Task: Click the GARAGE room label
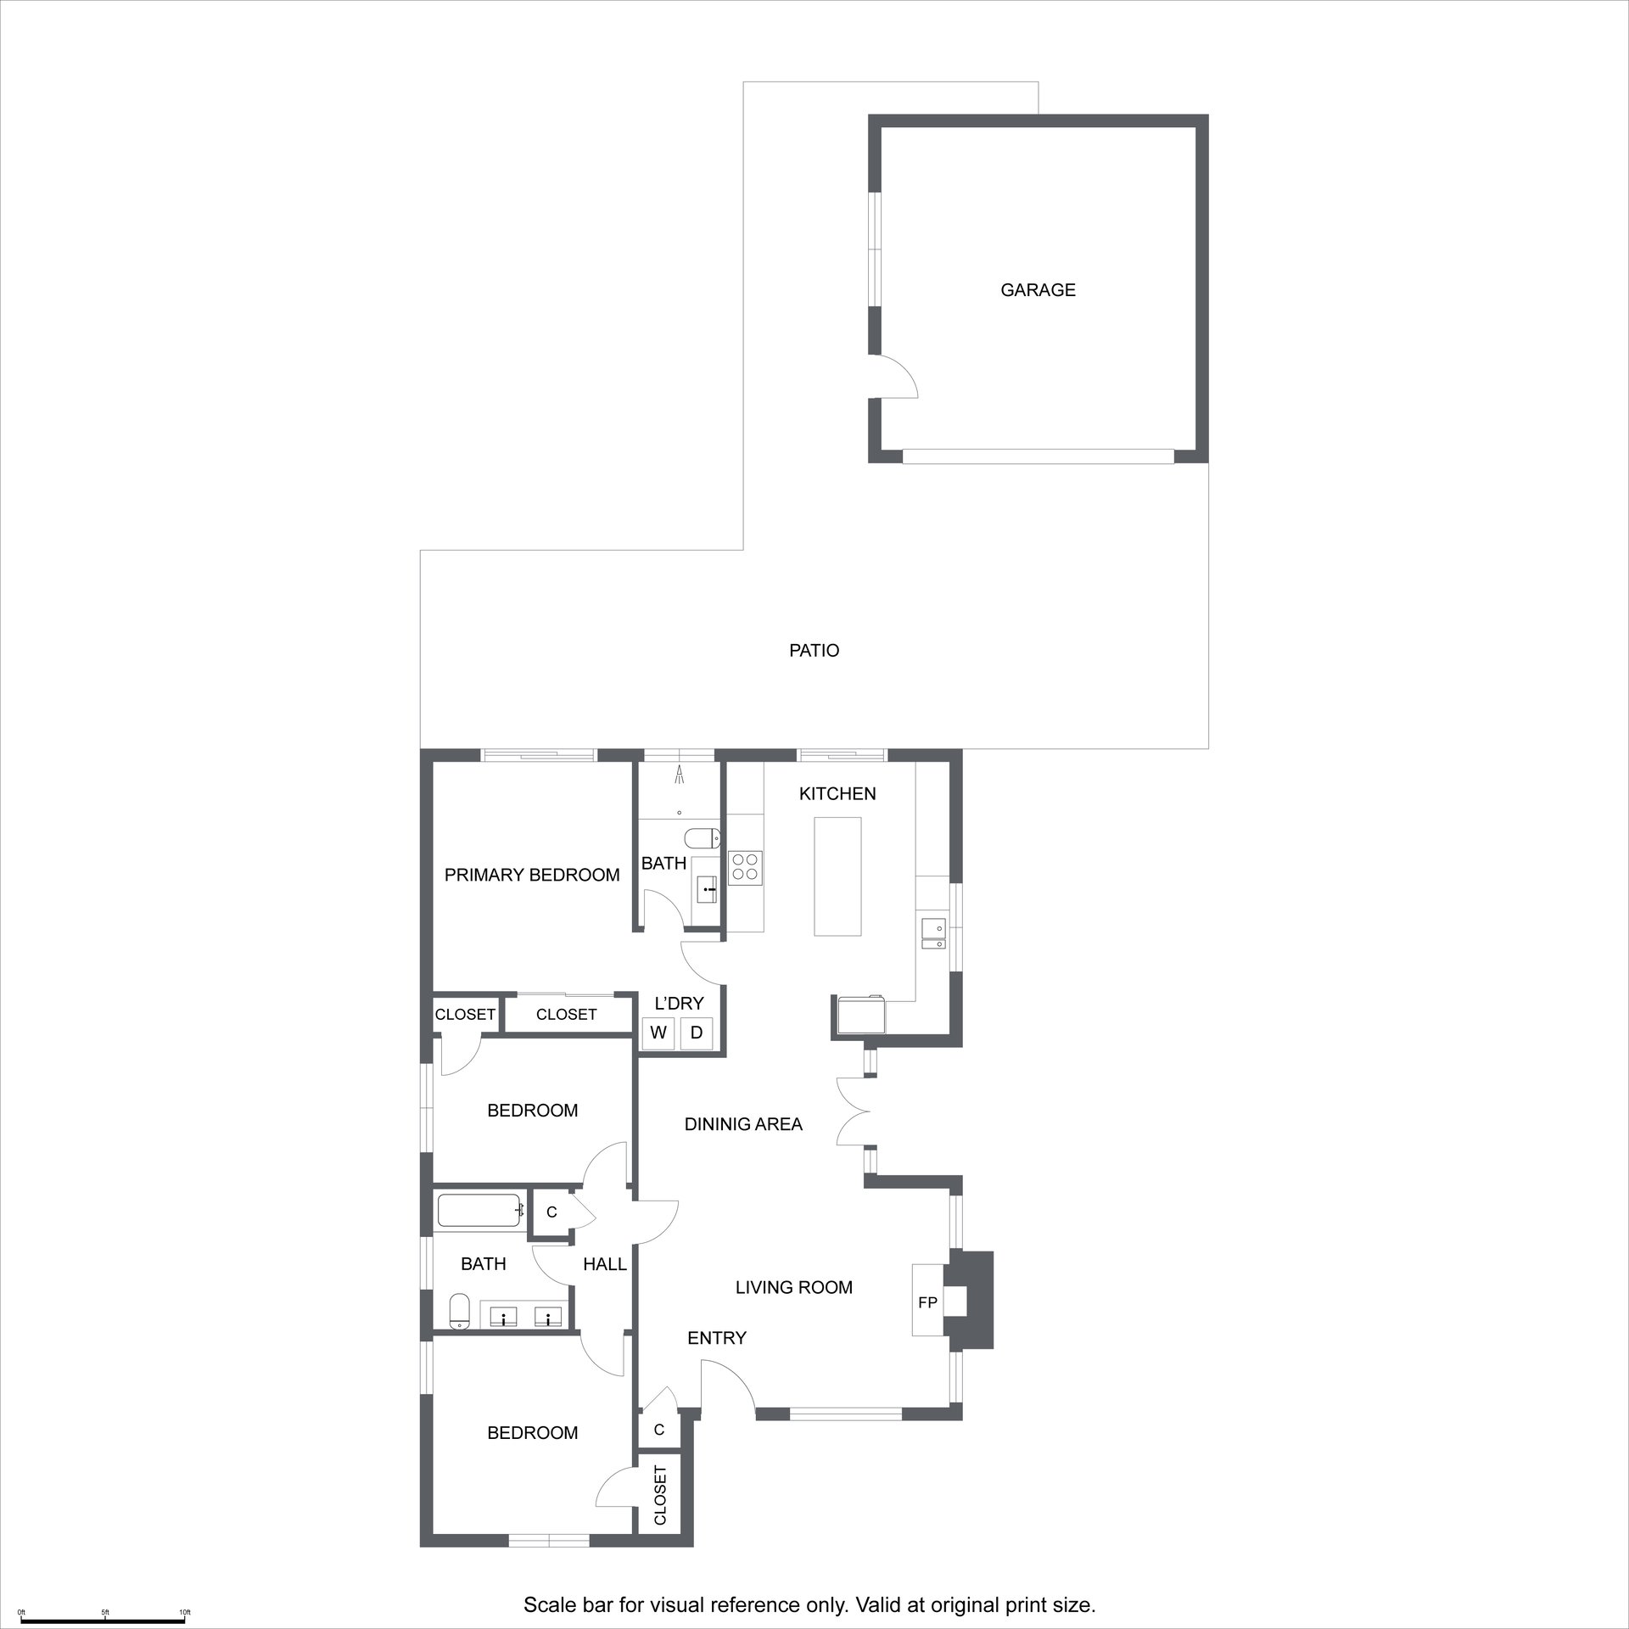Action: (1038, 290)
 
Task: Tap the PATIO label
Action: (814, 651)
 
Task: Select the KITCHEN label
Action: (837, 793)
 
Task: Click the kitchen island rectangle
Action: (837, 876)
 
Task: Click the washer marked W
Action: (658, 1033)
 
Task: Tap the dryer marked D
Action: (697, 1033)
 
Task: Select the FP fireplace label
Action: (927, 1302)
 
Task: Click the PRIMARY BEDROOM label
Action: (532, 875)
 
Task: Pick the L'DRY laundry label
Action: (680, 1004)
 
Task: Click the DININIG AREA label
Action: (743, 1124)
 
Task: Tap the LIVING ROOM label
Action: (793, 1287)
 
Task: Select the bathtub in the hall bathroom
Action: (480, 1211)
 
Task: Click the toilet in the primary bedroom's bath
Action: (702, 839)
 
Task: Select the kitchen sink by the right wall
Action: (932, 935)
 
